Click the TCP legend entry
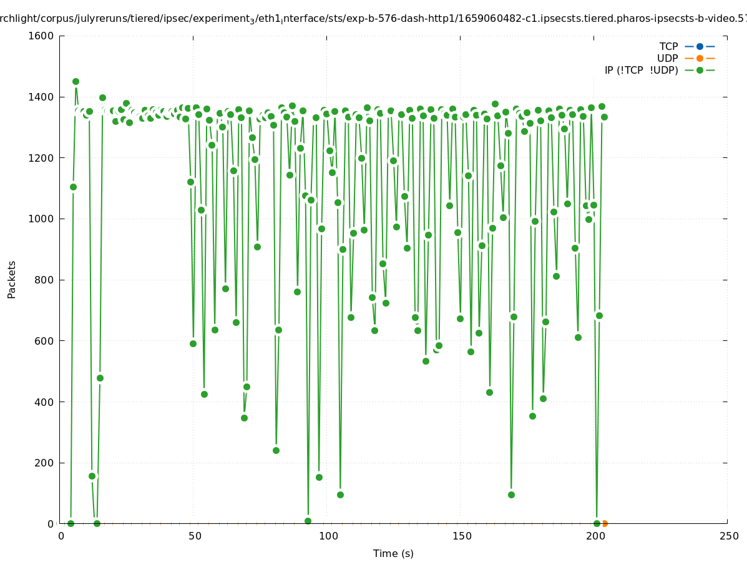(686, 46)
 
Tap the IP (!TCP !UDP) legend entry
(659, 70)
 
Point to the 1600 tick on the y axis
(41, 36)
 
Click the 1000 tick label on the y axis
(41, 219)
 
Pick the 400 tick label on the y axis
(44, 402)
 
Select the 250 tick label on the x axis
(728, 536)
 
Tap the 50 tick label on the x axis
(195, 536)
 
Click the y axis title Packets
(12, 280)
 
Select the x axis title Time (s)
(393, 553)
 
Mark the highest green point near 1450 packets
(76, 81)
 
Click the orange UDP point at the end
(604, 523)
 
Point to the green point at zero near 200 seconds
(597, 523)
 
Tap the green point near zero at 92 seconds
(308, 521)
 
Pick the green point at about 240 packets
(276, 450)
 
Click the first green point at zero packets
(71, 523)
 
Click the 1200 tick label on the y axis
(41, 158)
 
